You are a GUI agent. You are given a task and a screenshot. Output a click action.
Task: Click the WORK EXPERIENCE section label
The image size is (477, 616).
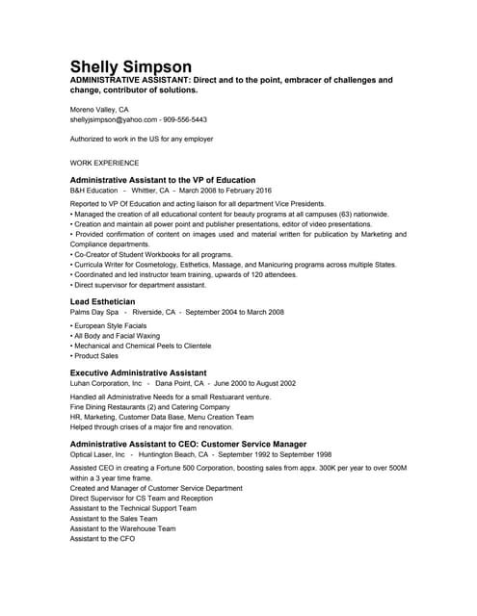(x=104, y=163)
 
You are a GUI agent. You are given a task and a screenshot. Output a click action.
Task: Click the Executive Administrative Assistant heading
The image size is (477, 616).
(x=138, y=372)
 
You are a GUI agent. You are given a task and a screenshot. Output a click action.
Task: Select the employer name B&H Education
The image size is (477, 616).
(x=93, y=191)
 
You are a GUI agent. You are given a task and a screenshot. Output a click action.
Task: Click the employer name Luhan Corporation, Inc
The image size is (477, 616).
(x=106, y=383)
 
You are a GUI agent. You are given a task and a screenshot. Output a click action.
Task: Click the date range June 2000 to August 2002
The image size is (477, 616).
(x=244, y=383)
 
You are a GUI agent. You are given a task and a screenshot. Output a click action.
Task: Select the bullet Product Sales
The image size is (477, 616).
(x=94, y=356)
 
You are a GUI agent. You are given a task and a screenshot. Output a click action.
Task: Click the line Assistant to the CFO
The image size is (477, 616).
(x=102, y=539)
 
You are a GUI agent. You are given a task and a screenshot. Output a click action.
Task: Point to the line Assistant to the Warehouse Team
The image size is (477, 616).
(x=122, y=528)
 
